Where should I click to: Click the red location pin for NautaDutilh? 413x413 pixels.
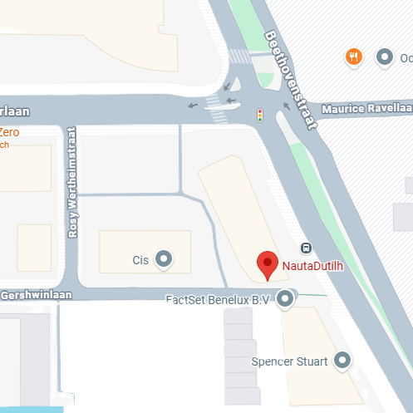coord(267,264)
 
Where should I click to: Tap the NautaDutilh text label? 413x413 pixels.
coord(313,266)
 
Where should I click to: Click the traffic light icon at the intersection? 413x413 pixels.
coord(259,115)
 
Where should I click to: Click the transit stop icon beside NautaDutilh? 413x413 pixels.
coord(306,247)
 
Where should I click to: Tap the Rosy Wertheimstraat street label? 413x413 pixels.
coord(72,194)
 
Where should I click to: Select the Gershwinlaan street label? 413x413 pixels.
coord(37,295)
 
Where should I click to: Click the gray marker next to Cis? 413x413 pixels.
coord(164,259)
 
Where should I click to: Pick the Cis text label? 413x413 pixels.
coord(140,260)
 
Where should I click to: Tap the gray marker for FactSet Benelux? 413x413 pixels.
coord(286,299)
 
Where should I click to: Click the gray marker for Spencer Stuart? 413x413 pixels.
coord(341,361)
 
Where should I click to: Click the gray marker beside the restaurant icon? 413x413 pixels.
coord(385,57)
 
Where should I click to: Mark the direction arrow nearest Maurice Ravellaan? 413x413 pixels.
coord(287,106)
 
